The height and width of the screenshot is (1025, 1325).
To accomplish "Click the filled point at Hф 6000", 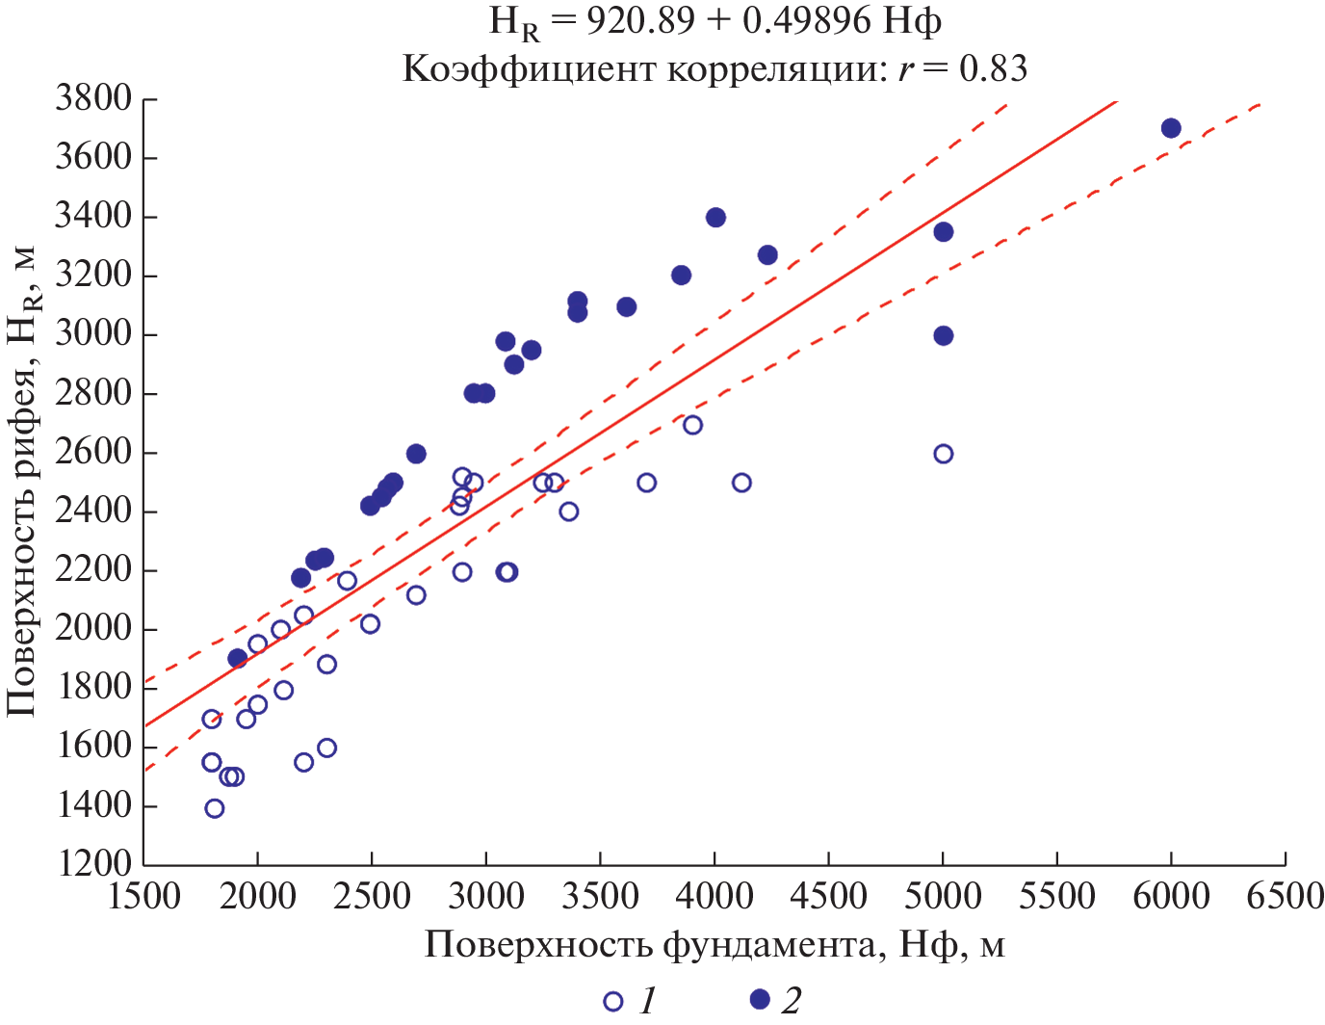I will point(1171,129).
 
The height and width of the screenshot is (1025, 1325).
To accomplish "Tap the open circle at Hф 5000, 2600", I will point(943,454).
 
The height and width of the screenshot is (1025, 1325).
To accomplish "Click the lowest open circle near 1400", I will point(215,808).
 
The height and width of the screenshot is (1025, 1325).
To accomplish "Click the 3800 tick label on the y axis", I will point(92,99).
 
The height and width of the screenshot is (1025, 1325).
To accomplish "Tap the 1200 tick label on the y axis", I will point(92,864).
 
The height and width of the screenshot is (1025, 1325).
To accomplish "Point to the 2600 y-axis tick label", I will point(92,452).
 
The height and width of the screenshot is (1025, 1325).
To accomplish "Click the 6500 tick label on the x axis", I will point(1285,897).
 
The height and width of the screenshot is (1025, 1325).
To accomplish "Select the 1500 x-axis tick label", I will point(144,897).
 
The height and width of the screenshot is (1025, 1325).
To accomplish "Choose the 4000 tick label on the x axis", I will point(714,897).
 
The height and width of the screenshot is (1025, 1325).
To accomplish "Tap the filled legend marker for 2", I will point(761,1000).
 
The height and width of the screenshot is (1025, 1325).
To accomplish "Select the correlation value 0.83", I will point(993,68).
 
